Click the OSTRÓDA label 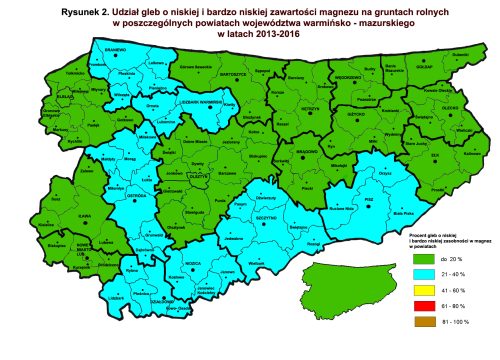click(108, 194)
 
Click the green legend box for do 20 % click(422, 259)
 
